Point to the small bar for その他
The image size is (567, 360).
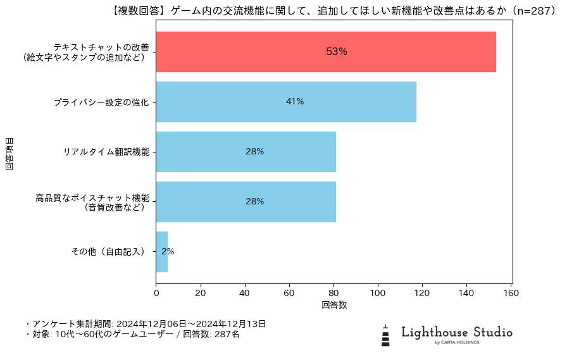pyautogui.click(x=161, y=252)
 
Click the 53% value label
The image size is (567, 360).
pyautogui.click(x=337, y=52)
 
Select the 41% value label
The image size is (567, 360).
pyautogui.click(x=295, y=102)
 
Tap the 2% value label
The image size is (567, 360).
pyautogui.click(x=168, y=251)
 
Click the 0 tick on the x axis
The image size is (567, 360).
pyautogui.click(x=156, y=293)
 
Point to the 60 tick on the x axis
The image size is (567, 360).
pyautogui.click(x=289, y=293)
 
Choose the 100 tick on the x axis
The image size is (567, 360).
pyautogui.click(x=378, y=293)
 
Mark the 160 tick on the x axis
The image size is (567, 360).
pyautogui.click(x=511, y=293)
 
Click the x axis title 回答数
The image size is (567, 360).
pyautogui.click(x=334, y=305)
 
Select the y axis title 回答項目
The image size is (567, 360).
pyautogui.click(x=9, y=152)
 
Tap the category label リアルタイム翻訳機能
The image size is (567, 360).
pyautogui.click(x=106, y=152)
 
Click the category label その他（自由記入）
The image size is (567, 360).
pyautogui.click(x=109, y=252)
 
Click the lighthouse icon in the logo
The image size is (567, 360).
pyautogui.click(x=385, y=335)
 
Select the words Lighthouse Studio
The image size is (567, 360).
pyautogui.click(x=457, y=332)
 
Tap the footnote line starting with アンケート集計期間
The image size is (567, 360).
pyautogui.click(x=146, y=324)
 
